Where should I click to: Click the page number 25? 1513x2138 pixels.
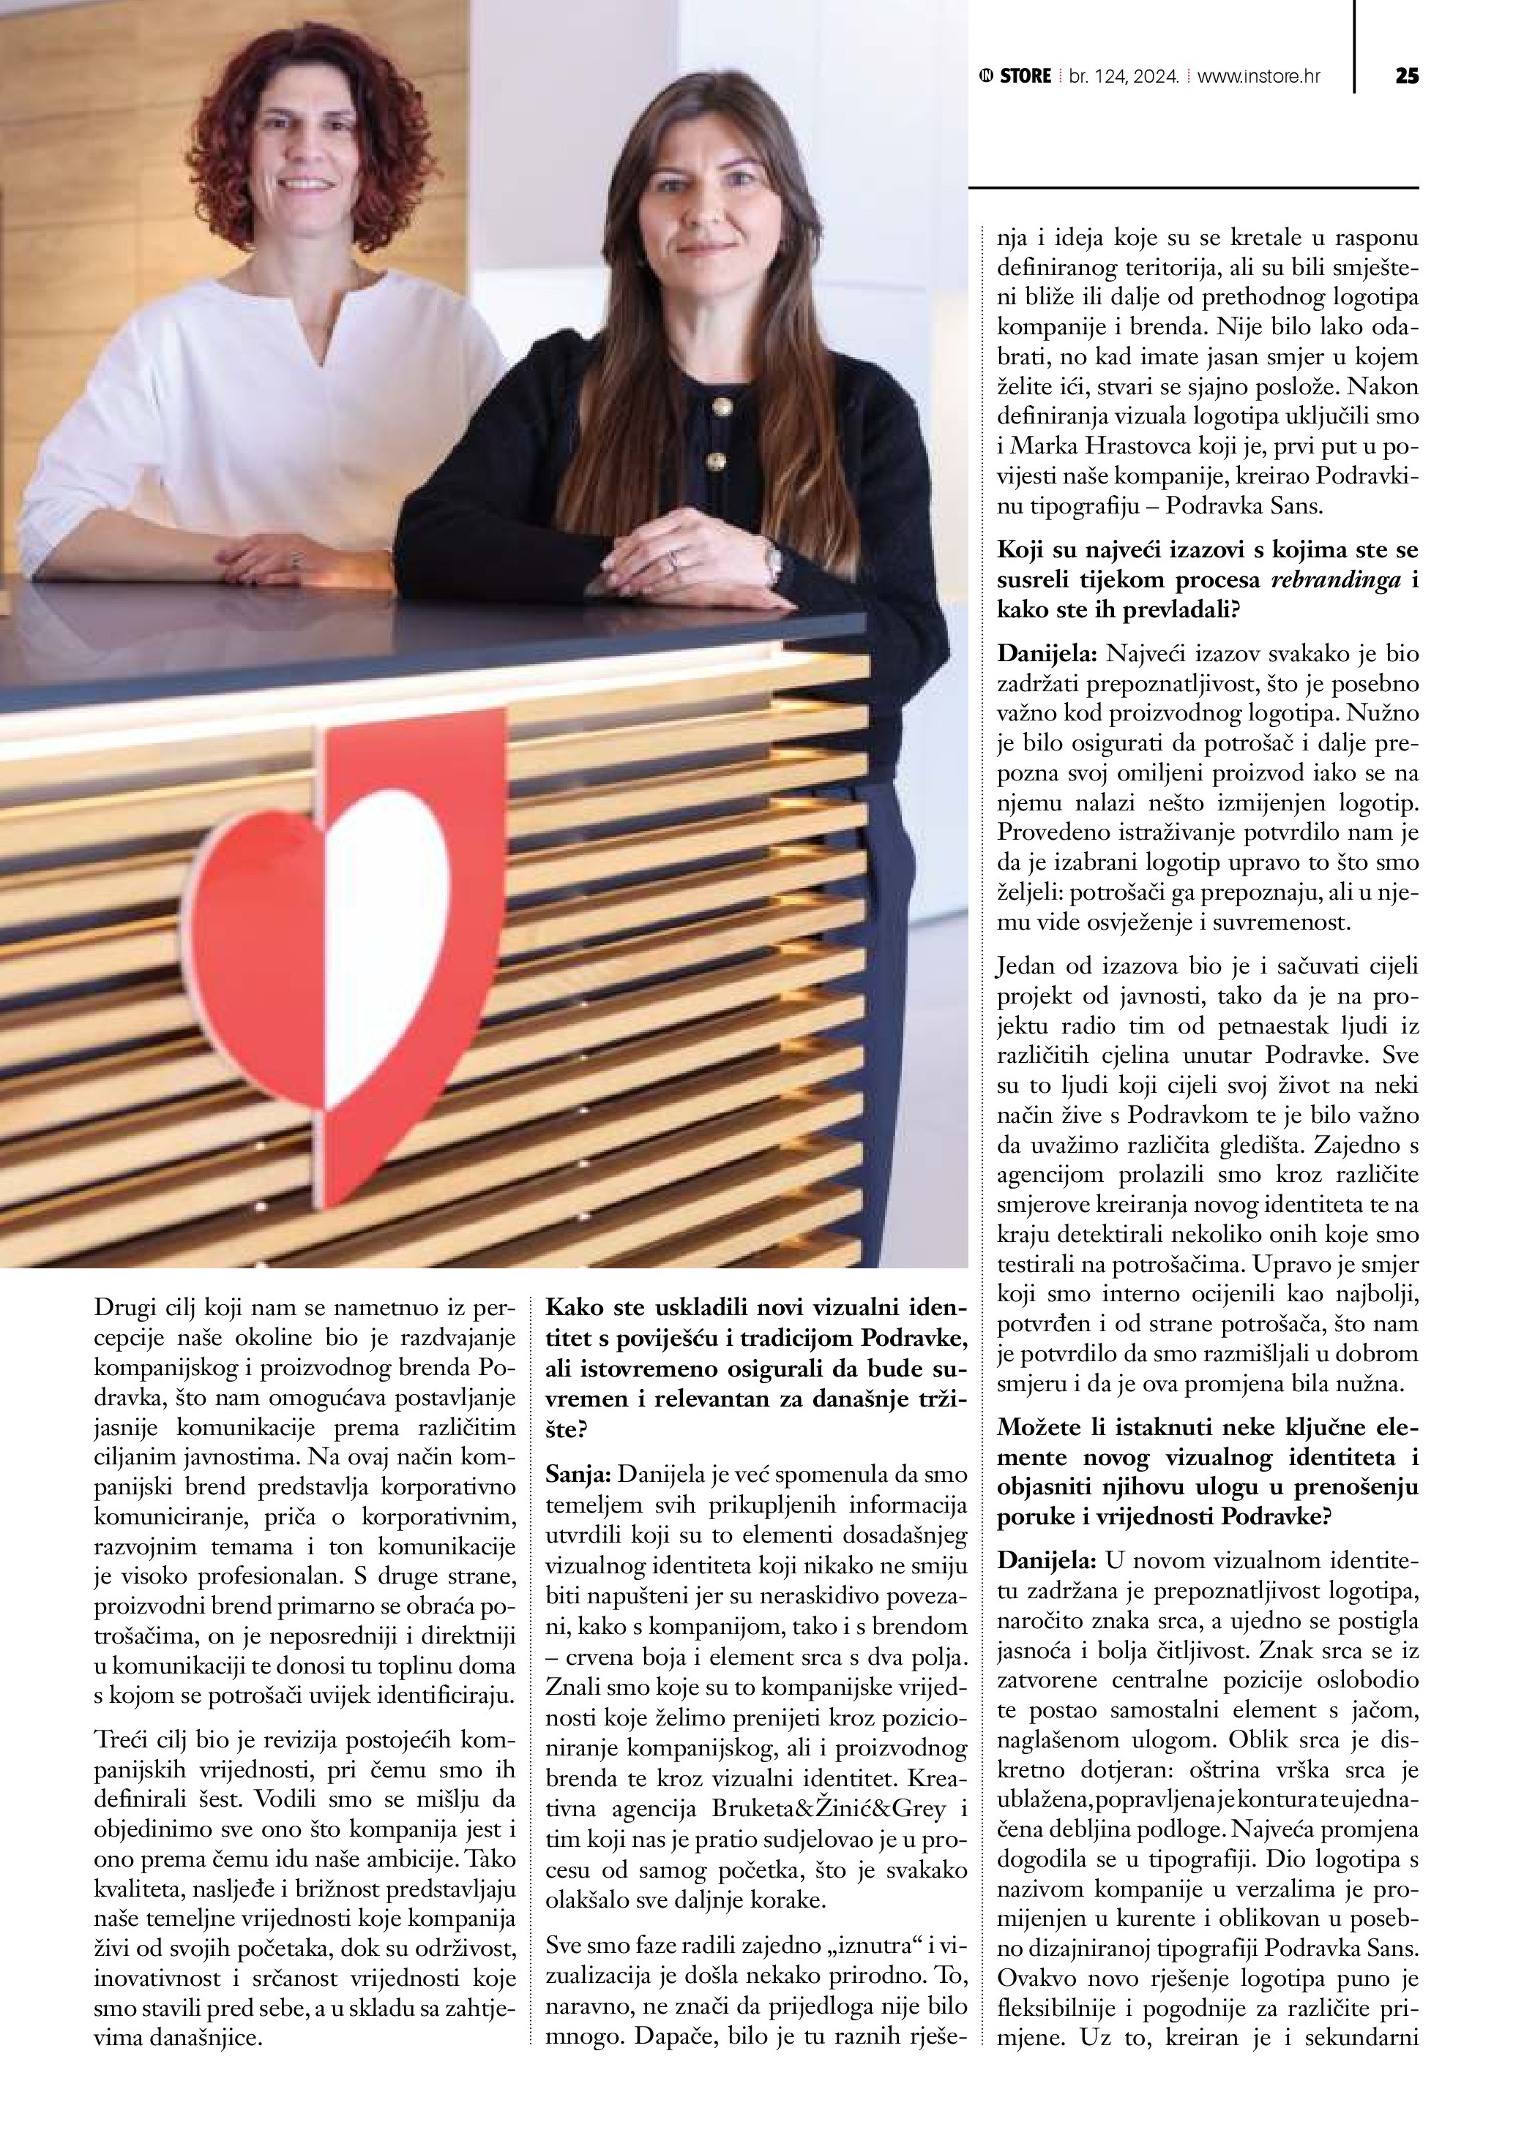point(1406,76)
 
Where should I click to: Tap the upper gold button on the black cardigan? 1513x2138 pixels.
point(720,407)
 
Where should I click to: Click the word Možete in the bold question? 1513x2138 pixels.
point(1038,1426)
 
